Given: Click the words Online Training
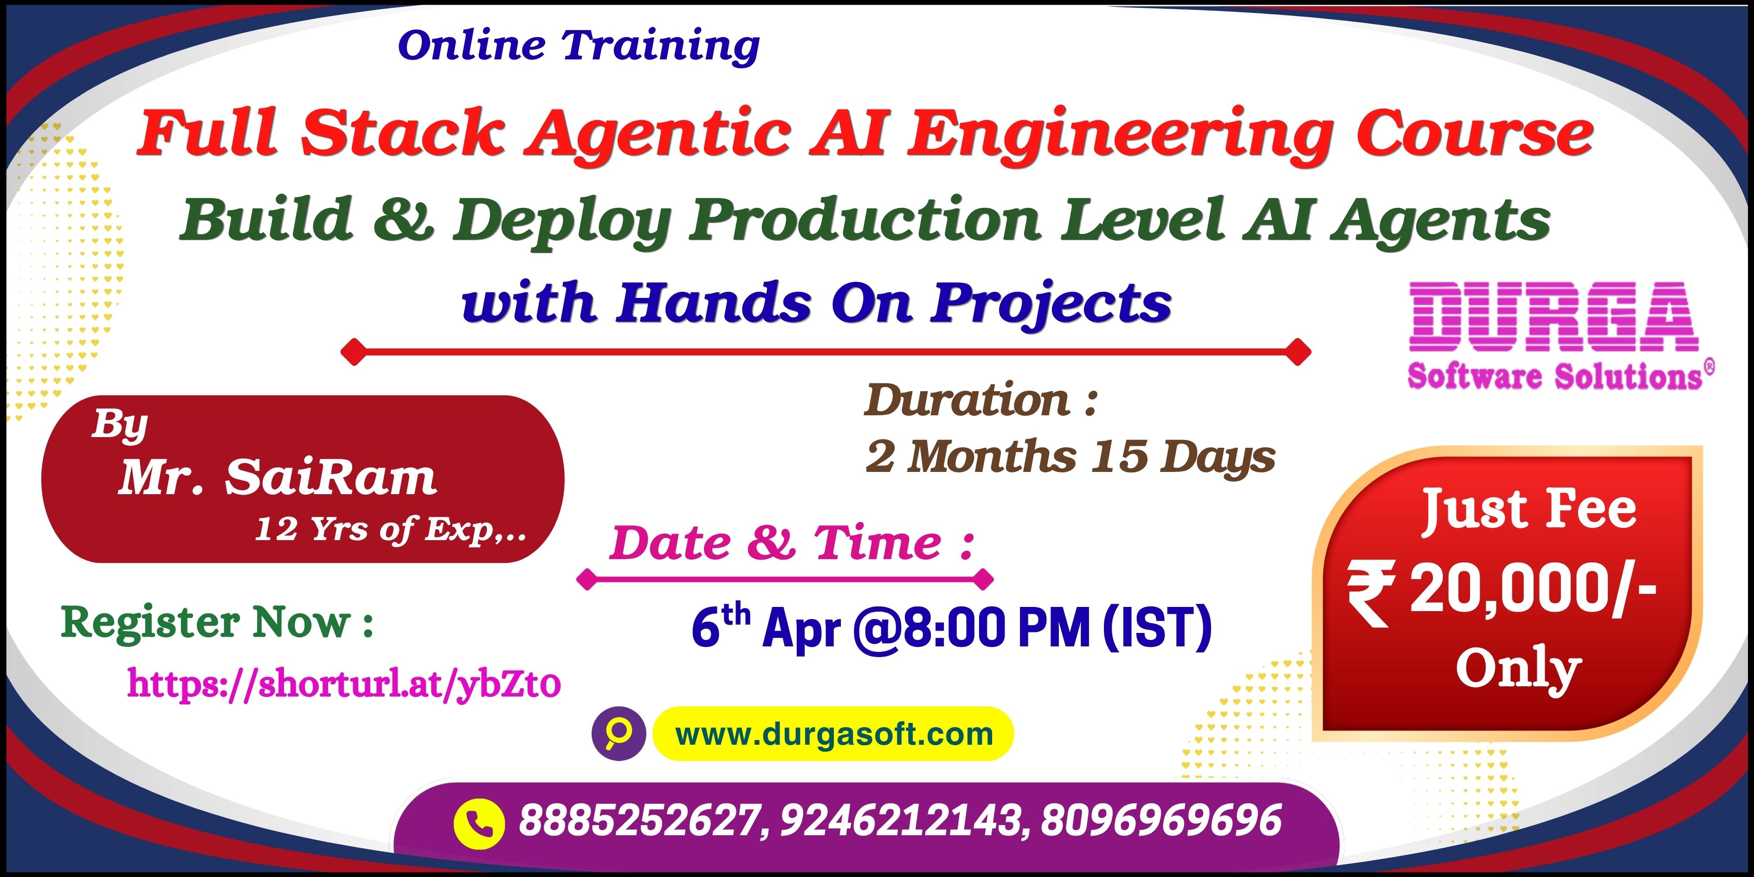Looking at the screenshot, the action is tap(579, 45).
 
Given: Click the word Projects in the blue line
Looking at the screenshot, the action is tap(1051, 303).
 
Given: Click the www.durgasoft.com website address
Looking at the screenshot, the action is tap(834, 734).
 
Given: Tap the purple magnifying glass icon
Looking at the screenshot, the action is tap(618, 734).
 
